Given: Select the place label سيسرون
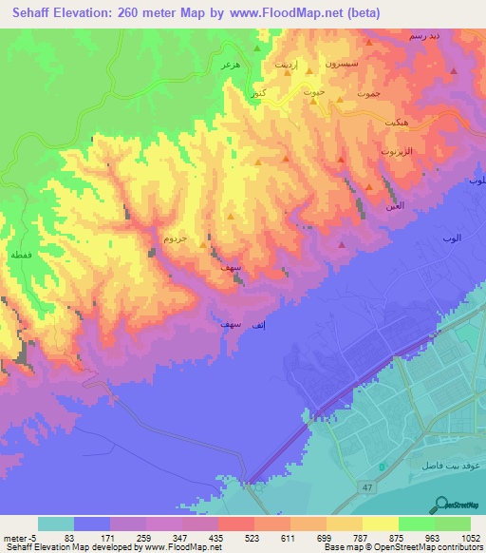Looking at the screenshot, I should (344, 61).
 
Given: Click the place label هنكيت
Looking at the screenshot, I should (390, 124).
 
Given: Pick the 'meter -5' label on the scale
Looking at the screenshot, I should (20, 537).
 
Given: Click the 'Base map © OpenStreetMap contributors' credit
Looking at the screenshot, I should (402, 547).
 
